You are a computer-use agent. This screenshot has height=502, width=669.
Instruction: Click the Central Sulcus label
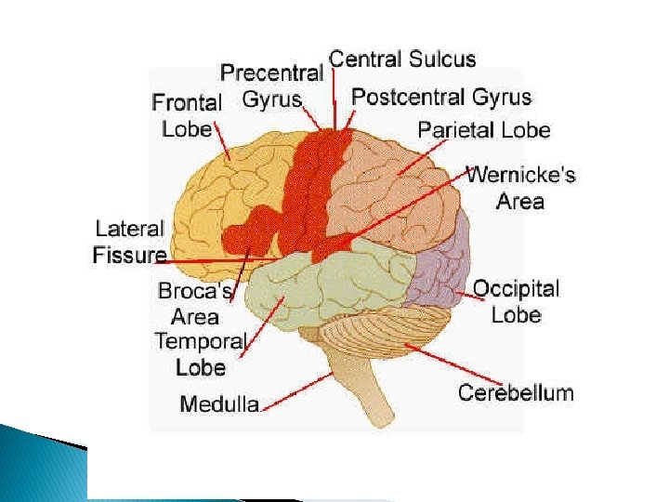click(402, 59)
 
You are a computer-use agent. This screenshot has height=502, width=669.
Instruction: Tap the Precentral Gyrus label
click(271, 84)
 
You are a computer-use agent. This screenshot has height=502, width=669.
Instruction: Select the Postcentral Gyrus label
click(440, 97)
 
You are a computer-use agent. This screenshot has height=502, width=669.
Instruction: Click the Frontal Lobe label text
click(187, 115)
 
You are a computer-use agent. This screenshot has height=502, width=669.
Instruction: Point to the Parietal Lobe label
click(483, 130)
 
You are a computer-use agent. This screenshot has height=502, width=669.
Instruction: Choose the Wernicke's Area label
click(519, 187)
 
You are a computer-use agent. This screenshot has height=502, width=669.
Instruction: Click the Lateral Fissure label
click(129, 242)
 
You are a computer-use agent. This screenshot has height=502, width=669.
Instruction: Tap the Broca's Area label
click(194, 302)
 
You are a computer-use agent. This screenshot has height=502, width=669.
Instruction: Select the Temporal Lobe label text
click(200, 353)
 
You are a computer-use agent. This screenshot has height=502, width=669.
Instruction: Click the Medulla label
click(218, 403)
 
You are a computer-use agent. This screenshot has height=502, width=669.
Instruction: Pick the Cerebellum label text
click(516, 392)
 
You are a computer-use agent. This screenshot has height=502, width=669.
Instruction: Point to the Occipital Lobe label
click(516, 300)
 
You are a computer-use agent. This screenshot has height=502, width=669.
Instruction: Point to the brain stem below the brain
click(358, 390)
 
